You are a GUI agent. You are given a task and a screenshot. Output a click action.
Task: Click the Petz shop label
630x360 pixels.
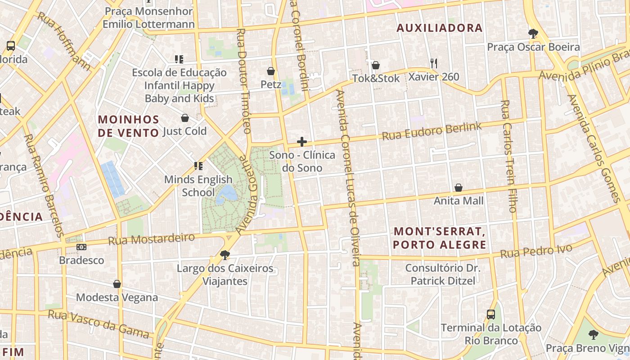[x=271, y=85]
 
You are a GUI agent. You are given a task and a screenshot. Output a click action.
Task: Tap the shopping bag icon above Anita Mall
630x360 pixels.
[x=459, y=188]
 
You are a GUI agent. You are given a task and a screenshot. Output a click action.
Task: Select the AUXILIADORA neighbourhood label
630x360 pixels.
[x=439, y=28]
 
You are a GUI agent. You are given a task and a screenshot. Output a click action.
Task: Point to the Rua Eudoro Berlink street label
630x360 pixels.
[x=432, y=131]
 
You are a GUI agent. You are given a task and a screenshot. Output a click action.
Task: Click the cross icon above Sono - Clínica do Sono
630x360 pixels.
[x=302, y=142]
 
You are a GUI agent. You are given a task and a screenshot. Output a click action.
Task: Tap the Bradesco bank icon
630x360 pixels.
[x=81, y=247]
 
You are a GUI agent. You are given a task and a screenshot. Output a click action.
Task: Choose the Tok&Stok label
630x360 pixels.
[x=376, y=78]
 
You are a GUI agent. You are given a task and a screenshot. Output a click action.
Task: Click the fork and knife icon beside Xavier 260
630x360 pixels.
[x=434, y=63]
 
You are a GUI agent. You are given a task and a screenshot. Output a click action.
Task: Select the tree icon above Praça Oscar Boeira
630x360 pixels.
[x=533, y=33]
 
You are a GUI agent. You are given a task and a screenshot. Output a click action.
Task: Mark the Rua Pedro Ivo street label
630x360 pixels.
[x=536, y=251]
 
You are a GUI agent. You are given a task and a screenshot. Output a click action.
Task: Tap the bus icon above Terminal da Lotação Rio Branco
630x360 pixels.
[x=491, y=315]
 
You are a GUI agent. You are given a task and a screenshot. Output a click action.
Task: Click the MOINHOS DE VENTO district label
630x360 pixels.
[x=129, y=126]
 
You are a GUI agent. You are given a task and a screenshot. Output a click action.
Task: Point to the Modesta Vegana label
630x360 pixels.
[x=117, y=297]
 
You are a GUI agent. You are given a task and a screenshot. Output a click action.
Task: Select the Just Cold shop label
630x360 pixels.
[x=184, y=131]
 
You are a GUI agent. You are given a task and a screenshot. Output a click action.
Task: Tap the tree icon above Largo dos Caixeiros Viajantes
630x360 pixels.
[x=225, y=256]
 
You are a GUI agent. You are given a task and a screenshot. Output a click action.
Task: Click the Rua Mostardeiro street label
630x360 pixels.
[x=151, y=239]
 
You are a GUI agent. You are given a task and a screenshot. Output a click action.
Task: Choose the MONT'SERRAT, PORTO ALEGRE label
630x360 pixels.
[x=440, y=238]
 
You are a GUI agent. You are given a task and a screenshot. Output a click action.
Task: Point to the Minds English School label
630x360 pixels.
[x=198, y=186]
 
